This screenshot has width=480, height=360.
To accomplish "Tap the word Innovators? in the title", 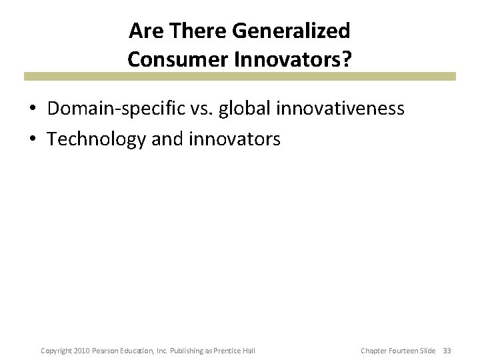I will pos(291,59).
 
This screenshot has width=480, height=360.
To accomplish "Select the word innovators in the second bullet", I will pos(234,139).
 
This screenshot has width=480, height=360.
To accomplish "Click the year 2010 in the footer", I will pos(81,351).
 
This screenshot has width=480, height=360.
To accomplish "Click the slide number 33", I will pos(447,351).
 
